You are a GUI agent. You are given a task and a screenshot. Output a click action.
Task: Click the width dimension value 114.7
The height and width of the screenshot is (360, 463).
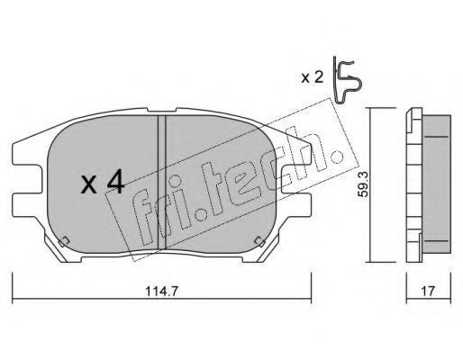[x=162, y=291]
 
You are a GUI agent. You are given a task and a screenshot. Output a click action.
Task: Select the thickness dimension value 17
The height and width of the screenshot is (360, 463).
[x=428, y=291]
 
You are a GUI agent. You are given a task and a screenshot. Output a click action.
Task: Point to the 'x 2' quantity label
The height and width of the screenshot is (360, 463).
[x=313, y=78]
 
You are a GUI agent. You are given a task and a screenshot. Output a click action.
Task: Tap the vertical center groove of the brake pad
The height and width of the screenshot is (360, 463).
[x=162, y=183]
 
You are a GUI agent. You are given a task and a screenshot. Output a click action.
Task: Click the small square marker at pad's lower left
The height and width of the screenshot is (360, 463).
[x=64, y=242]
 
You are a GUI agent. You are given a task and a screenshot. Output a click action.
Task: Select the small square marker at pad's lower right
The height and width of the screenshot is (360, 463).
[x=259, y=242]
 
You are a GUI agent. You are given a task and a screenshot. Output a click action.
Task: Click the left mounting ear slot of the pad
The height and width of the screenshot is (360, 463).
[x=27, y=179]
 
